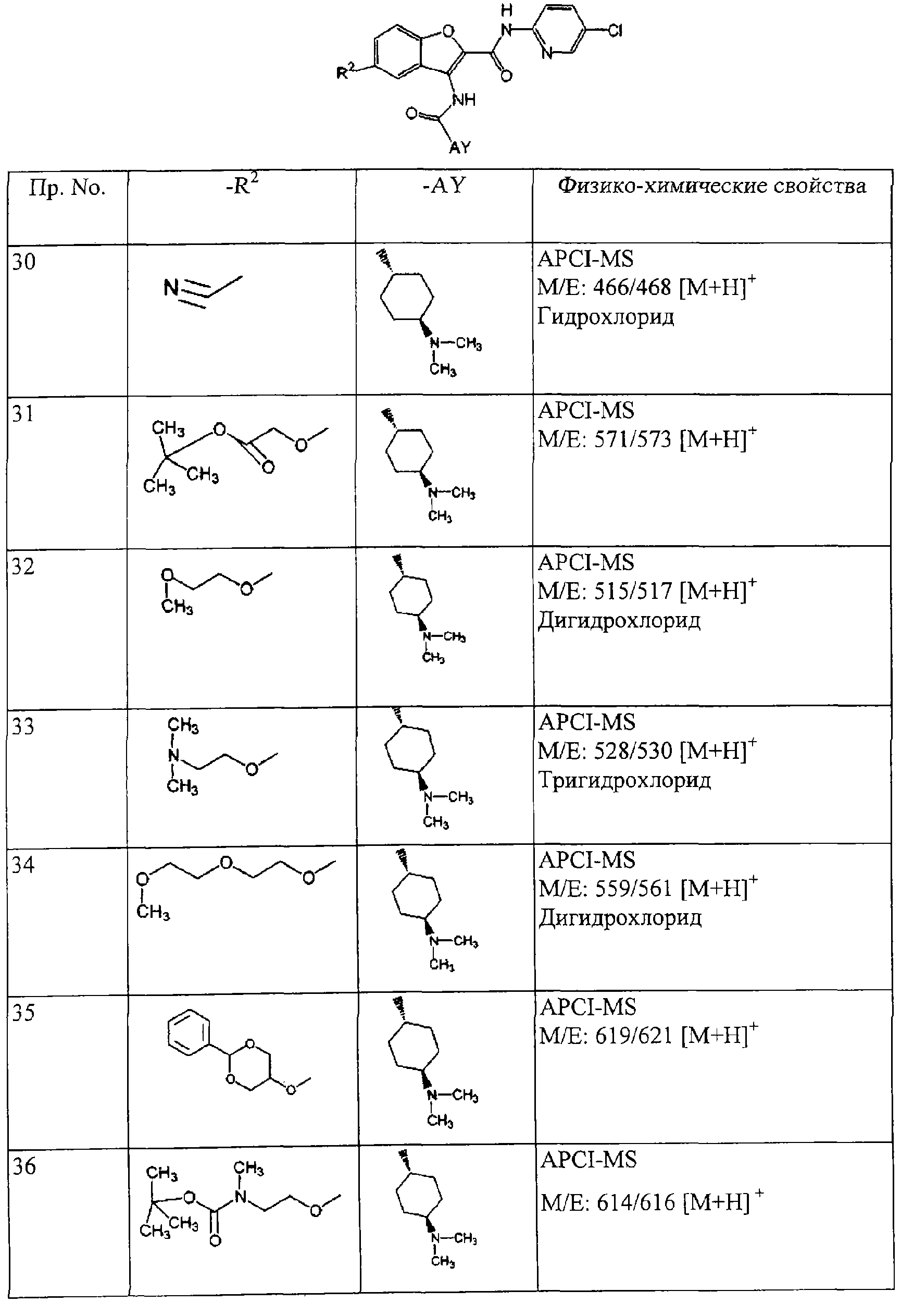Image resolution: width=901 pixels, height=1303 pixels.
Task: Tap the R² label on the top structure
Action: point(345,72)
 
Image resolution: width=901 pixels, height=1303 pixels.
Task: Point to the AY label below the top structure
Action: point(459,147)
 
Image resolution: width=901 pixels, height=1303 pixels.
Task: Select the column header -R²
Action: point(242,185)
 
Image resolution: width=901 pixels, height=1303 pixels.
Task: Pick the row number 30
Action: point(24,262)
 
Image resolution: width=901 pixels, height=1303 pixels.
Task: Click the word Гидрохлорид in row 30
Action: point(606,316)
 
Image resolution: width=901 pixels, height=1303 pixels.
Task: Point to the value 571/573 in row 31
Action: point(633,439)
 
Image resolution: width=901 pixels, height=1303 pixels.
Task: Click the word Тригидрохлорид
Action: point(624,780)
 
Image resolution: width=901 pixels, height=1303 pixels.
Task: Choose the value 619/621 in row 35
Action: point(634,1035)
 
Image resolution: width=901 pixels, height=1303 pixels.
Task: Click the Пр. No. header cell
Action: point(67,188)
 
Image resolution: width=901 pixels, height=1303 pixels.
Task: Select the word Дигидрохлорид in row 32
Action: point(619,620)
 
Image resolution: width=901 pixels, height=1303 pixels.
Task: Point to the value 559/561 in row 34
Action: point(634,889)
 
